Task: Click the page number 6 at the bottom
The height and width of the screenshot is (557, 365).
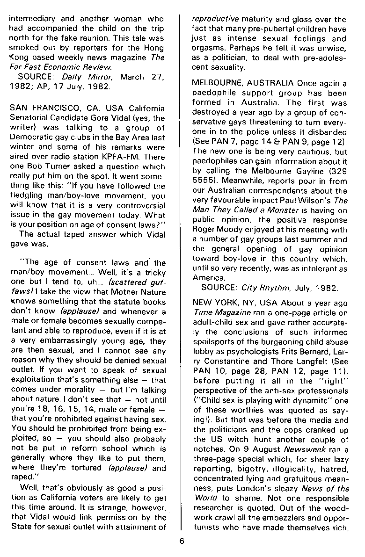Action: (182, 543)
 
